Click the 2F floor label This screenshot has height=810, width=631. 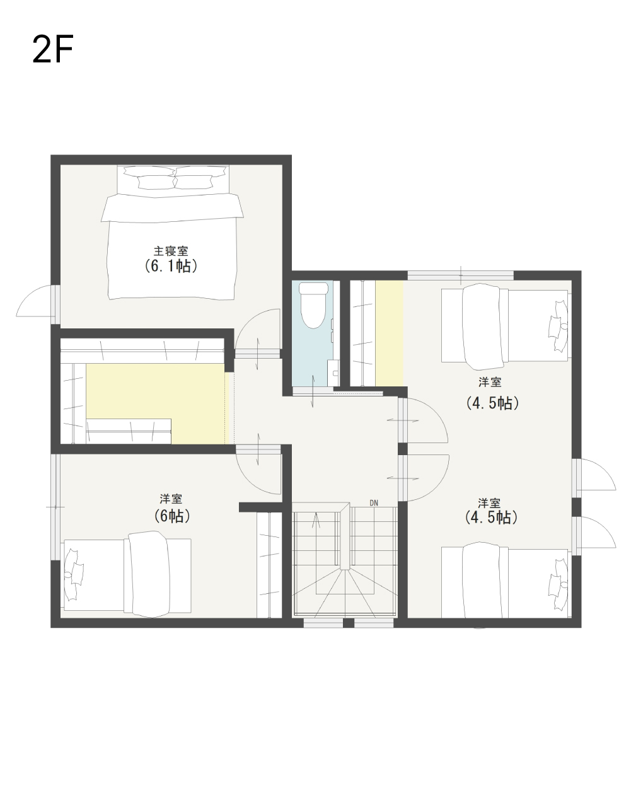click(x=52, y=49)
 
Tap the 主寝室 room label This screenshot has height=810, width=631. click(x=171, y=250)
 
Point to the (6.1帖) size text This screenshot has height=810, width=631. click(x=171, y=266)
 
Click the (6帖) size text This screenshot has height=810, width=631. click(x=172, y=516)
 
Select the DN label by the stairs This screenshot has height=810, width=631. click(x=374, y=503)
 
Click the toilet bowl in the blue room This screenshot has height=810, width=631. click(x=313, y=305)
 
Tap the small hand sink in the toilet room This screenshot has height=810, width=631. click(x=333, y=372)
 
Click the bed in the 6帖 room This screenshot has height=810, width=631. click(x=127, y=574)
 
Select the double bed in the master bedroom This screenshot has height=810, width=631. click(x=172, y=232)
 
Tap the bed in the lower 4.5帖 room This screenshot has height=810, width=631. click(x=505, y=581)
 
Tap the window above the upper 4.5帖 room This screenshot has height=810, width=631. click(x=461, y=276)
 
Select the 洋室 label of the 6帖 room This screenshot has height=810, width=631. click(x=171, y=499)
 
